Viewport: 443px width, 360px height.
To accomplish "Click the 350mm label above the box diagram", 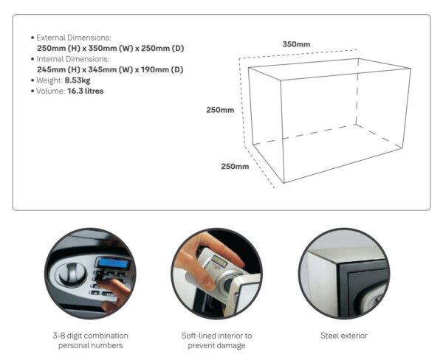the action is click(x=296, y=44).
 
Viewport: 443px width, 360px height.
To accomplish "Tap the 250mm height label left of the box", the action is click(x=220, y=110).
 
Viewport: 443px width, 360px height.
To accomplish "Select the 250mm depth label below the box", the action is click(x=235, y=166).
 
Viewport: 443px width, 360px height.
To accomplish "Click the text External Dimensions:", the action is click(x=74, y=38).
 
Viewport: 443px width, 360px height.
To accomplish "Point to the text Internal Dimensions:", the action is click(x=73, y=59).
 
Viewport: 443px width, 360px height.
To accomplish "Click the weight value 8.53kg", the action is click(x=78, y=80).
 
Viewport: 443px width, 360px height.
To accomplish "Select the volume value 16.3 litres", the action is click(x=86, y=91).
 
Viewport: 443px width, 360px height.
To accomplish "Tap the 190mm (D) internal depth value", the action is click(x=162, y=69).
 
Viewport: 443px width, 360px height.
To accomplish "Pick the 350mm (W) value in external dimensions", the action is click(x=111, y=48).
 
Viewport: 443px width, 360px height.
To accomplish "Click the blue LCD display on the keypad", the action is click(x=114, y=263).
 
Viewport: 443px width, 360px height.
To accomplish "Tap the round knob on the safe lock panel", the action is click(x=72, y=273).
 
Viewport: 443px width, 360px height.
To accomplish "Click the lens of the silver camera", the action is click(x=228, y=285).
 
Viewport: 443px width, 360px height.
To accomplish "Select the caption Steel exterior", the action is click(x=344, y=336).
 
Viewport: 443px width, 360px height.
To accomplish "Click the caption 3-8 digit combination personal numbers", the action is click(x=90, y=340).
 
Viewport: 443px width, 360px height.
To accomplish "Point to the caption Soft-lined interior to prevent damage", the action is click(x=216, y=340).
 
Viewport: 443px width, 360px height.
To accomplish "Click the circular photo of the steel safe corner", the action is click(x=344, y=273).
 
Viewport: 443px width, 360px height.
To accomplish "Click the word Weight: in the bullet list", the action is click(x=49, y=80).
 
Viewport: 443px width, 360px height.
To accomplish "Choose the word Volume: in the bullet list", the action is click(x=50, y=91).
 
